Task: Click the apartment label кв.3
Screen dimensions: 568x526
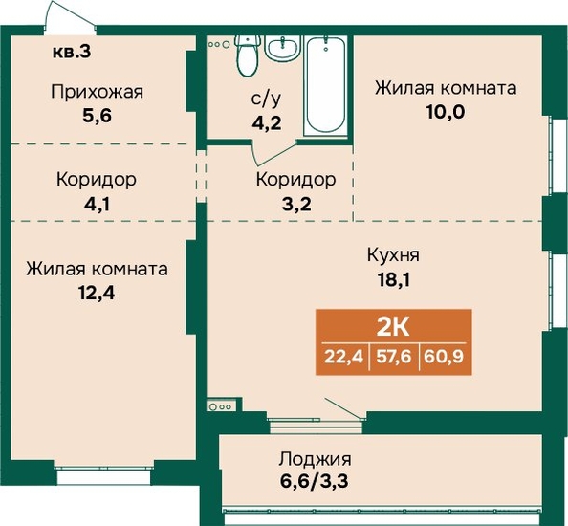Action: [72, 52]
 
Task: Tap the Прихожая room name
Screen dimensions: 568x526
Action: [98, 92]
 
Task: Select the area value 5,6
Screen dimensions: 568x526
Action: [97, 117]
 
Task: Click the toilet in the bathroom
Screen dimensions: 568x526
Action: [248, 55]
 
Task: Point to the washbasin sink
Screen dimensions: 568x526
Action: [283, 48]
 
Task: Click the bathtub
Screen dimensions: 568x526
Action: [326, 86]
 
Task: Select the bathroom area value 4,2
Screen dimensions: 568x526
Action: [267, 123]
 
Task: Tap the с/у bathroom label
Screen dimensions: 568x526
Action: [266, 99]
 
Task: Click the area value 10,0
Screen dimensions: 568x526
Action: [446, 112]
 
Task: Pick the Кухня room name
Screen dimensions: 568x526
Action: [393, 255]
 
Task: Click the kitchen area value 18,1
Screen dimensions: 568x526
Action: [394, 280]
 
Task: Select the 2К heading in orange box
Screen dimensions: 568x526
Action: [393, 328]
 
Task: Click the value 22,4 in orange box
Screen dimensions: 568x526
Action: [343, 357]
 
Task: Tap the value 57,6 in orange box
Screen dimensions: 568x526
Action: [394, 357]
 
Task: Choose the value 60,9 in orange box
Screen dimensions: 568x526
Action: [444, 357]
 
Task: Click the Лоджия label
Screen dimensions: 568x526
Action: [315, 459]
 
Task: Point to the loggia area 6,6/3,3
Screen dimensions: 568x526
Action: [314, 482]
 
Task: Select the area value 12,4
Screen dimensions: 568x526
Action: [97, 293]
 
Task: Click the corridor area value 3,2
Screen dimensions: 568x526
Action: [296, 205]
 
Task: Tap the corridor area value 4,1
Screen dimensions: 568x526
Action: [97, 205]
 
